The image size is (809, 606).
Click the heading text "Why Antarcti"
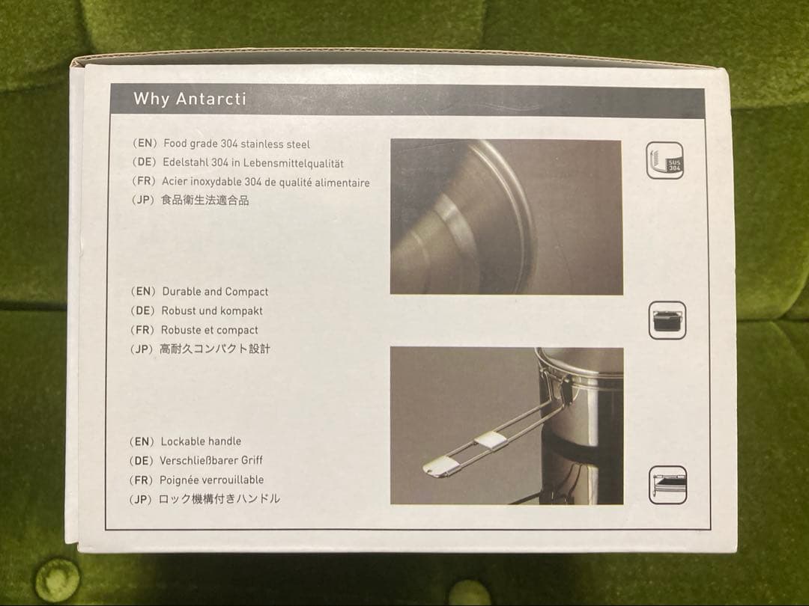click(190, 99)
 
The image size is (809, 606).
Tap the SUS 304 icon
click(665, 160)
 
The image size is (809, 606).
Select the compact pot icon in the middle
click(667, 320)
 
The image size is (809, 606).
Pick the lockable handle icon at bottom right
click(667, 485)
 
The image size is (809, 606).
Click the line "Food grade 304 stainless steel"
click(237, 144)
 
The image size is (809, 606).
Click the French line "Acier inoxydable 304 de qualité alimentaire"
click(266, 182)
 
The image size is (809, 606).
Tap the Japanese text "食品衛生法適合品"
click(204, 200)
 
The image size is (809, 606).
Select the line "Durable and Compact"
click(215, 292)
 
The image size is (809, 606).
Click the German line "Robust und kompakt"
click(212, 310)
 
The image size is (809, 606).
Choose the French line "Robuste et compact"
click(210, 330)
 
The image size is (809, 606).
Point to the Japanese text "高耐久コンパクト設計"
click(215, 349)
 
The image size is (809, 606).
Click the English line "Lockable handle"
click(201, 441)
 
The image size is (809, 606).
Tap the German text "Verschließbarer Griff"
click(211, 460)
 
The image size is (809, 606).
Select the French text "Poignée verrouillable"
click(211, 480)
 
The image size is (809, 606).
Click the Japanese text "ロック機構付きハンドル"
click(219, 499)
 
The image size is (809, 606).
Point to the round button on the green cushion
click(57, 581)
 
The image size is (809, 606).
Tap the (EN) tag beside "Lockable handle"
click(142, 441)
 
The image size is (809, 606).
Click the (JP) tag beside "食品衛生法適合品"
click(143, 200)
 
